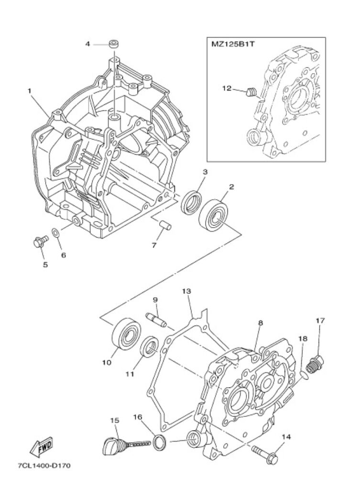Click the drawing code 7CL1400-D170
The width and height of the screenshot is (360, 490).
pyautogui.click(x=44, y=465)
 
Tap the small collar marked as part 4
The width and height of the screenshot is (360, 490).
pyautogui.click(x=114, y=44)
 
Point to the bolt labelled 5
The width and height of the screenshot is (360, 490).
pyautogui.click(x=40, y=241)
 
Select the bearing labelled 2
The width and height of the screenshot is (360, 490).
pyautogui.click(x=213, y=214)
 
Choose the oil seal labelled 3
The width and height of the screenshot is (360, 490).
pyautogui.click(x=191, y=204)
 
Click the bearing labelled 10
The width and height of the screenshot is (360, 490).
pyautogui.click(x=126, y=334)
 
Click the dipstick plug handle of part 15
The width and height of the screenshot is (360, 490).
pyautogui.click(x=110, y=445)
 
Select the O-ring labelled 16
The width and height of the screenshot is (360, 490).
pyautogui.click(x=160, y=442)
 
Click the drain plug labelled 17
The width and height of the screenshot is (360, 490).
pyautogui.click(x=315, y=364)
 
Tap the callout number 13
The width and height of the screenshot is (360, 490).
pyautogui.click(x=187, y=291)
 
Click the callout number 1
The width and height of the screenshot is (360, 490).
pyautogui.click(x=29, y=91)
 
